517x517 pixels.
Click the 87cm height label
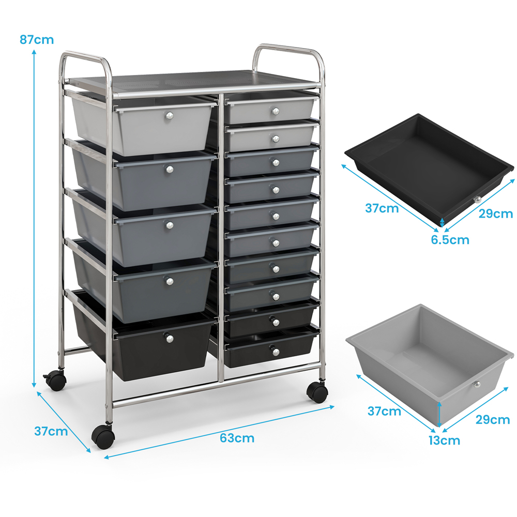37,40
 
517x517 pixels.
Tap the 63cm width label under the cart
237,438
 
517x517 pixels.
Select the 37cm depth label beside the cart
51,431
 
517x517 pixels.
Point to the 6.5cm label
450,240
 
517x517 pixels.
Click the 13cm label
444,440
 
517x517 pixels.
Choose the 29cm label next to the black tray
496,214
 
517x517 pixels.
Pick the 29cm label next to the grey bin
493,420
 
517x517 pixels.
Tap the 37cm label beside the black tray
382,208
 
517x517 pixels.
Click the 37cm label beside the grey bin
384,411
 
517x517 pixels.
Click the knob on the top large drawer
170,115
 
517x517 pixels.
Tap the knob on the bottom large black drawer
169,338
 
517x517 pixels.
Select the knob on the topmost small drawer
276,112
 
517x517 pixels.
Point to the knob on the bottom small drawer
276,352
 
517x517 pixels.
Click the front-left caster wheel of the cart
103,437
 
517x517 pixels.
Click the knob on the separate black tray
477,200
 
